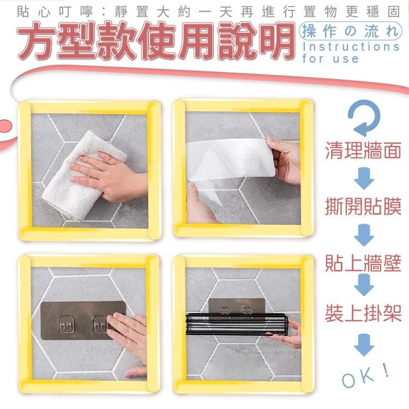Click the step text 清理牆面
[x=363, y=151]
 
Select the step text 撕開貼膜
[x=363, y=206]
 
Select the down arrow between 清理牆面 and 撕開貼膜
[x=364, y=178]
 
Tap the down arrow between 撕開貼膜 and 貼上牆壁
[x=364, y=234]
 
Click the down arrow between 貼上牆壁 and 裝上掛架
[x=364, y=286]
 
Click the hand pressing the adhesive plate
[x=128, y=333]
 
